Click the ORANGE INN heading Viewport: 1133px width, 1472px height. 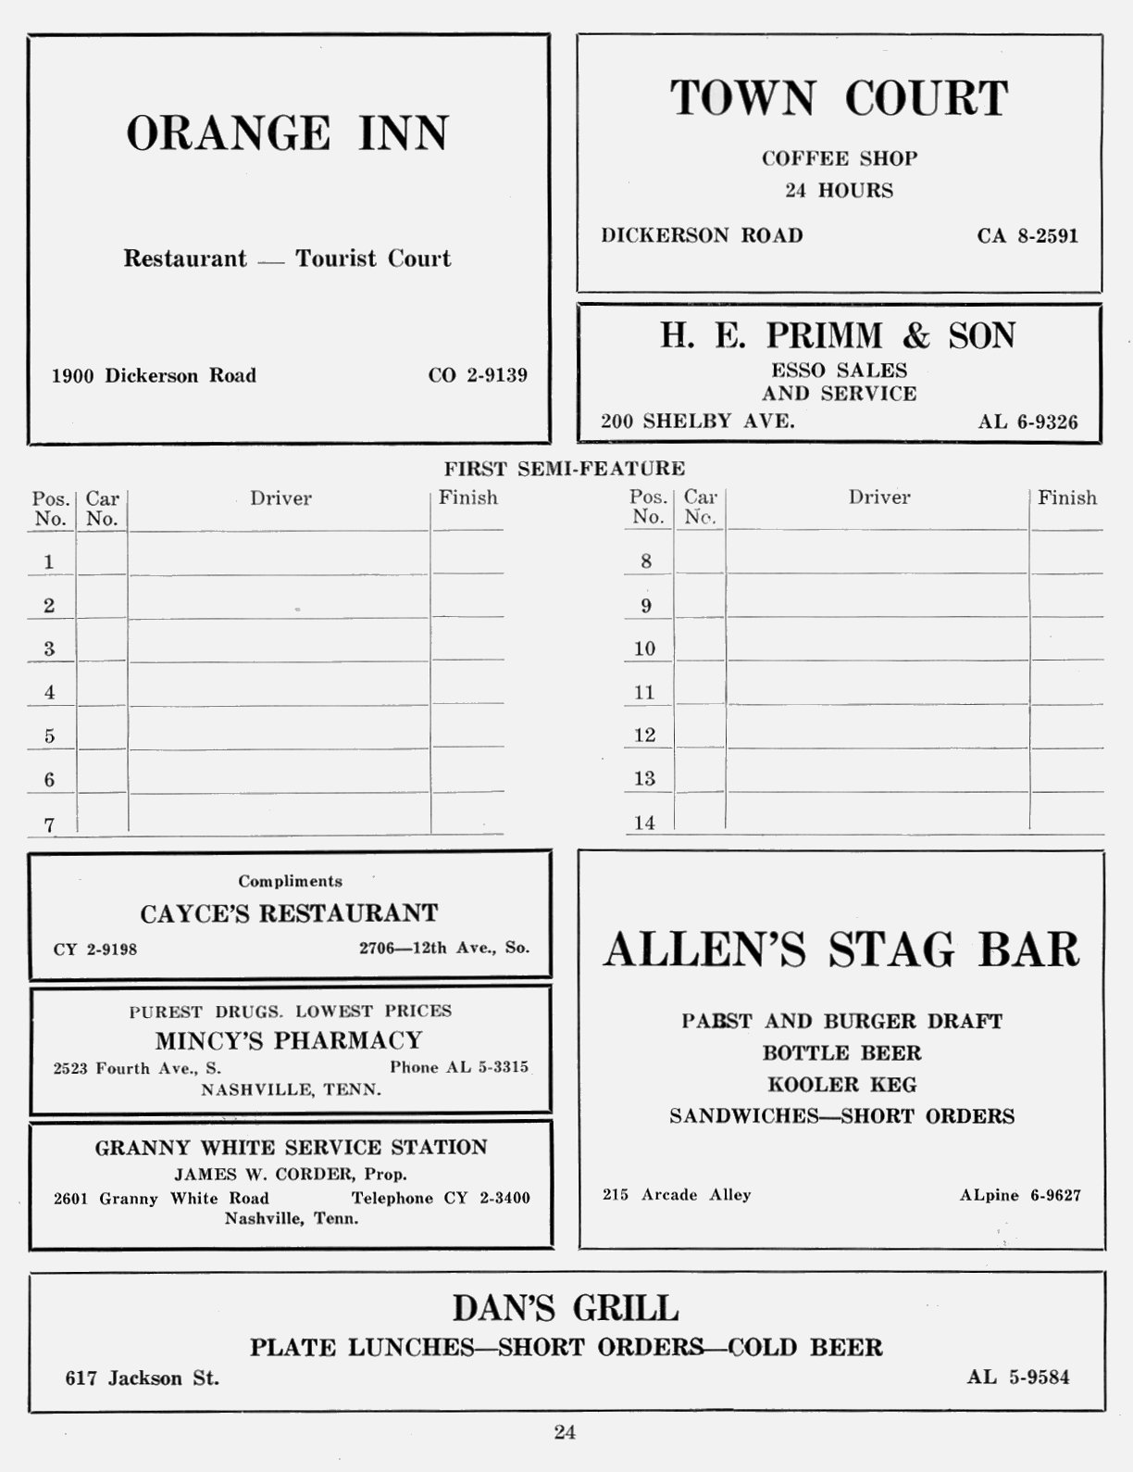click(x=288, y=133)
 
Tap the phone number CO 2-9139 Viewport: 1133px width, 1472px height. click(x=478, y=375)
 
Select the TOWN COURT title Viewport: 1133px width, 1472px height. click(x=839, y=99)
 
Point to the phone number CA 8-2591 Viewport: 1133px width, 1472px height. click(x=1027, y=235)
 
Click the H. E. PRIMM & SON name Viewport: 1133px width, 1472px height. click(x=838, y=335)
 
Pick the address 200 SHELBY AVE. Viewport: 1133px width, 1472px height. click(x=697, y=421)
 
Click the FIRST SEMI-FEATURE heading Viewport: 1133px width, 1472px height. click(x=565, y=469)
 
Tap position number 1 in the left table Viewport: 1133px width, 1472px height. click(x=49, y=561)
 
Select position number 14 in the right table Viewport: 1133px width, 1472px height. click(x=644, y=823)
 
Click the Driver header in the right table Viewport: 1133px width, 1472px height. click(x=879, y=497)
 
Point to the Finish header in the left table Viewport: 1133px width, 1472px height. click(x=467, y=497)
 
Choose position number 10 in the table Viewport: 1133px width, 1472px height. click(x=644, y=648)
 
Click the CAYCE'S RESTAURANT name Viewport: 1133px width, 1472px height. click(x=289, y=913)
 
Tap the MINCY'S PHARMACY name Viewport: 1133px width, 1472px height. click(x=289, y=1040)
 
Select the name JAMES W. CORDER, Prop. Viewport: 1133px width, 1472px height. click(x=291, y=1174)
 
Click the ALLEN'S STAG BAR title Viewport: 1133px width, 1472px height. click(x=841, y=950)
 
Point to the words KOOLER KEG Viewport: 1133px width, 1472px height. click(x=841, y=1084)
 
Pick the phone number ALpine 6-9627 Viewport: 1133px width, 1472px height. click(x=1020, y=1195)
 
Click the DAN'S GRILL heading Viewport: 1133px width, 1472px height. click(x=566, y=1309)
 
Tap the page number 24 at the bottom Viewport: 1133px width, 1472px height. click(x=565, y=1432)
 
